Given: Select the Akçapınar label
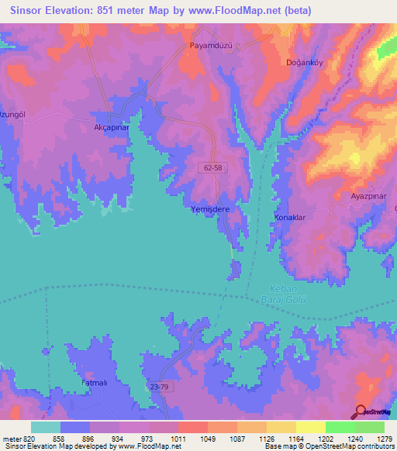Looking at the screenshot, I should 110,127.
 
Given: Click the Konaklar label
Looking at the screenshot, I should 290,218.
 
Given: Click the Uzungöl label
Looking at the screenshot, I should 15,114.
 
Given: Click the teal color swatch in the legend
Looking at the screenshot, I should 46,427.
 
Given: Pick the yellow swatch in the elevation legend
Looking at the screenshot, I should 311,427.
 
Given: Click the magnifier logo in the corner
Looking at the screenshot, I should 361,411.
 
